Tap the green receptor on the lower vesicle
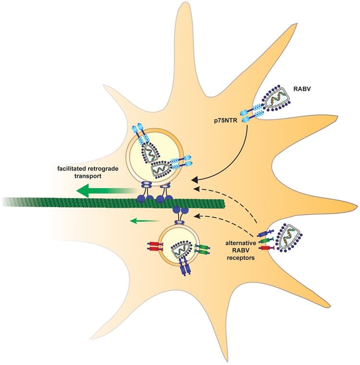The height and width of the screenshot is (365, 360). click(x=203, y=249)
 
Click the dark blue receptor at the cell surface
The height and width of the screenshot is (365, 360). click(x=265, y=235)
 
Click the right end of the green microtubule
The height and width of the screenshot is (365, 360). click(x=222, y=203)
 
